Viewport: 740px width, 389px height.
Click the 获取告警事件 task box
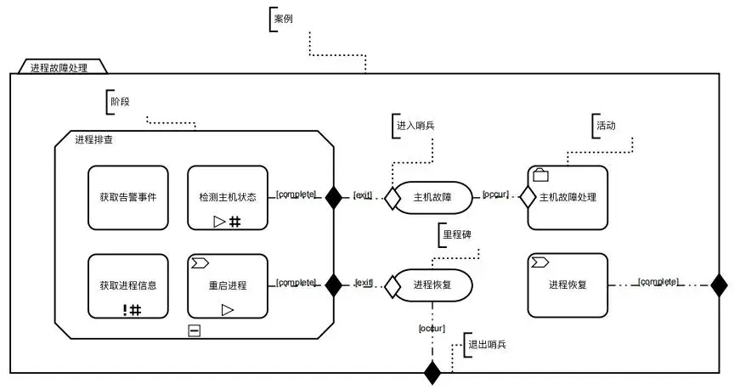point(128,197)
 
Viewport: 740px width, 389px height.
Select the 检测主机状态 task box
point(227,197)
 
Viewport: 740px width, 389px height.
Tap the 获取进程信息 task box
point(128,286)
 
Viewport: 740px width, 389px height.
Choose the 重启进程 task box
point(227,286)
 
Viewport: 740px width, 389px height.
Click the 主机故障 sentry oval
point(432,197)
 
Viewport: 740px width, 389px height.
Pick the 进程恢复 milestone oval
point(432,285)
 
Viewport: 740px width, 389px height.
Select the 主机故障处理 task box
point(568,197)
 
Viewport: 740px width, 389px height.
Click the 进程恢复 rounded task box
point(568,285)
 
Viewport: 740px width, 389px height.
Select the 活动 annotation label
point(606,125)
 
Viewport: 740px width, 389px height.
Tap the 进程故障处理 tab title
point(59,68)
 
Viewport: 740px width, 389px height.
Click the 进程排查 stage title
point(94,140)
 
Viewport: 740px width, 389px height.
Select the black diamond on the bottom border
point(432,372)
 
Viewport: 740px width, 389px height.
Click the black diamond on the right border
point(719,285)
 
